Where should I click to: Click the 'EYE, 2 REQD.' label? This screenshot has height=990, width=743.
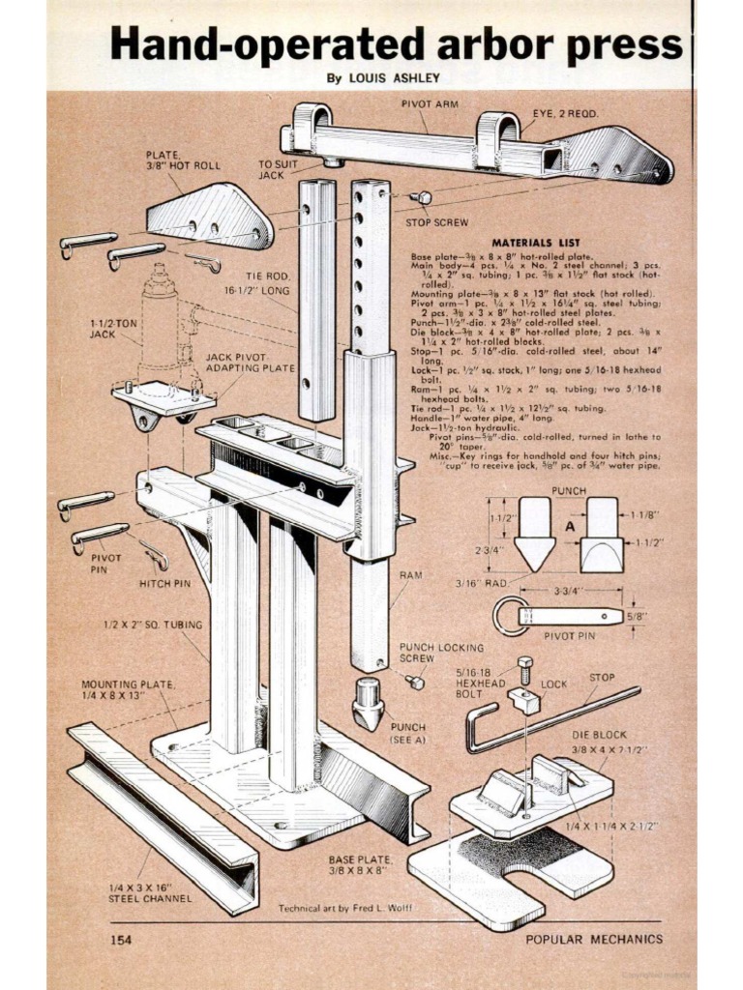(566, 113)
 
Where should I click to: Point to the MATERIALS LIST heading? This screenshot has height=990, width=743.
(535, 243)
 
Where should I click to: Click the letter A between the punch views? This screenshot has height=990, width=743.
(570, 527)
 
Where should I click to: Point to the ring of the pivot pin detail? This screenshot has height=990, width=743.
(508, 616)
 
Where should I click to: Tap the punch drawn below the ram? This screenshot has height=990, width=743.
(369, 703)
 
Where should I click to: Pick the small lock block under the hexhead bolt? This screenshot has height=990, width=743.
(523, 700)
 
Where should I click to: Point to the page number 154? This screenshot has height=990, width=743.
(121, 939)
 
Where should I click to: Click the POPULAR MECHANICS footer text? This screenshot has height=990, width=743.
(594, 939)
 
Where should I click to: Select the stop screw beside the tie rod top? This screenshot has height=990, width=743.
(421, 197)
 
